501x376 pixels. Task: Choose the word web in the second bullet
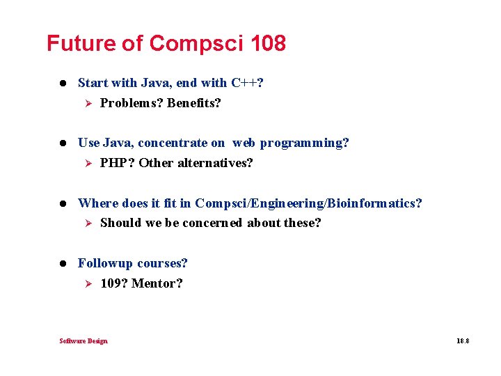click(x=244, y=143)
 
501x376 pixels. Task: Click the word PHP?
click(x=118, y=163)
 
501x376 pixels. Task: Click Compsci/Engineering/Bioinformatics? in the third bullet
click(x=308, y=203)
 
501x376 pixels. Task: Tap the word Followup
click(x=105, y=263)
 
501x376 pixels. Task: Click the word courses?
click(x=162, y=263)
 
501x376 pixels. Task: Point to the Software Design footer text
click(x=83, y=340)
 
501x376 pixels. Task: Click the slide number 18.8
click(x=463, y=341)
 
